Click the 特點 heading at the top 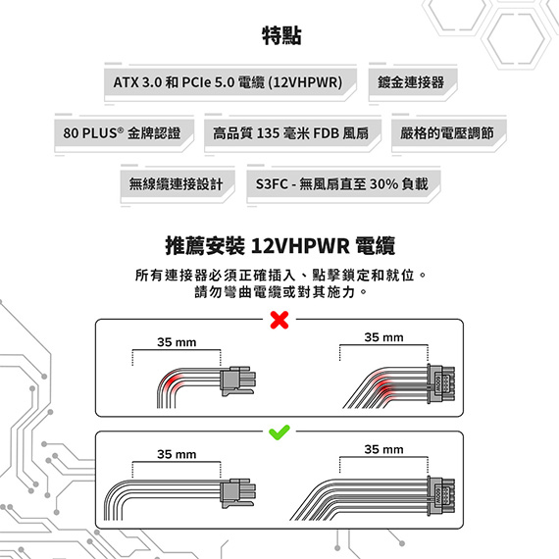click(281, 35)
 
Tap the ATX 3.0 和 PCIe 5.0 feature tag click(230, 82)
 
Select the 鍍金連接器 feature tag click(413, 82)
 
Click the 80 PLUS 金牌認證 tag click(125, 133)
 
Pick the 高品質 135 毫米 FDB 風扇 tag click(292, 133)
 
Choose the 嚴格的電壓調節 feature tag click(449, 133)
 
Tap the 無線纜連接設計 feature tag click(178, 184)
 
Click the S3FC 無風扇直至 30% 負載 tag click(343, 184)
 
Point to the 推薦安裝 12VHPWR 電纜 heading click(279, 245)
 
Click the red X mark click(279, 320)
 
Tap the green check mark click(279, 432)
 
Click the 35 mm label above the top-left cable click(177, 342)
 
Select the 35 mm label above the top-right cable click(383, 337)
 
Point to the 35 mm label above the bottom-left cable click(177, 454)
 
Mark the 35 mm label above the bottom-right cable click(383, 449)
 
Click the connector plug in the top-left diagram click(237, 381)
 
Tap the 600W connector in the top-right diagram click(441, 384)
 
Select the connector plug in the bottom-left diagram click(237, 493)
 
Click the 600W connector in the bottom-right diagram click(441, 496)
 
